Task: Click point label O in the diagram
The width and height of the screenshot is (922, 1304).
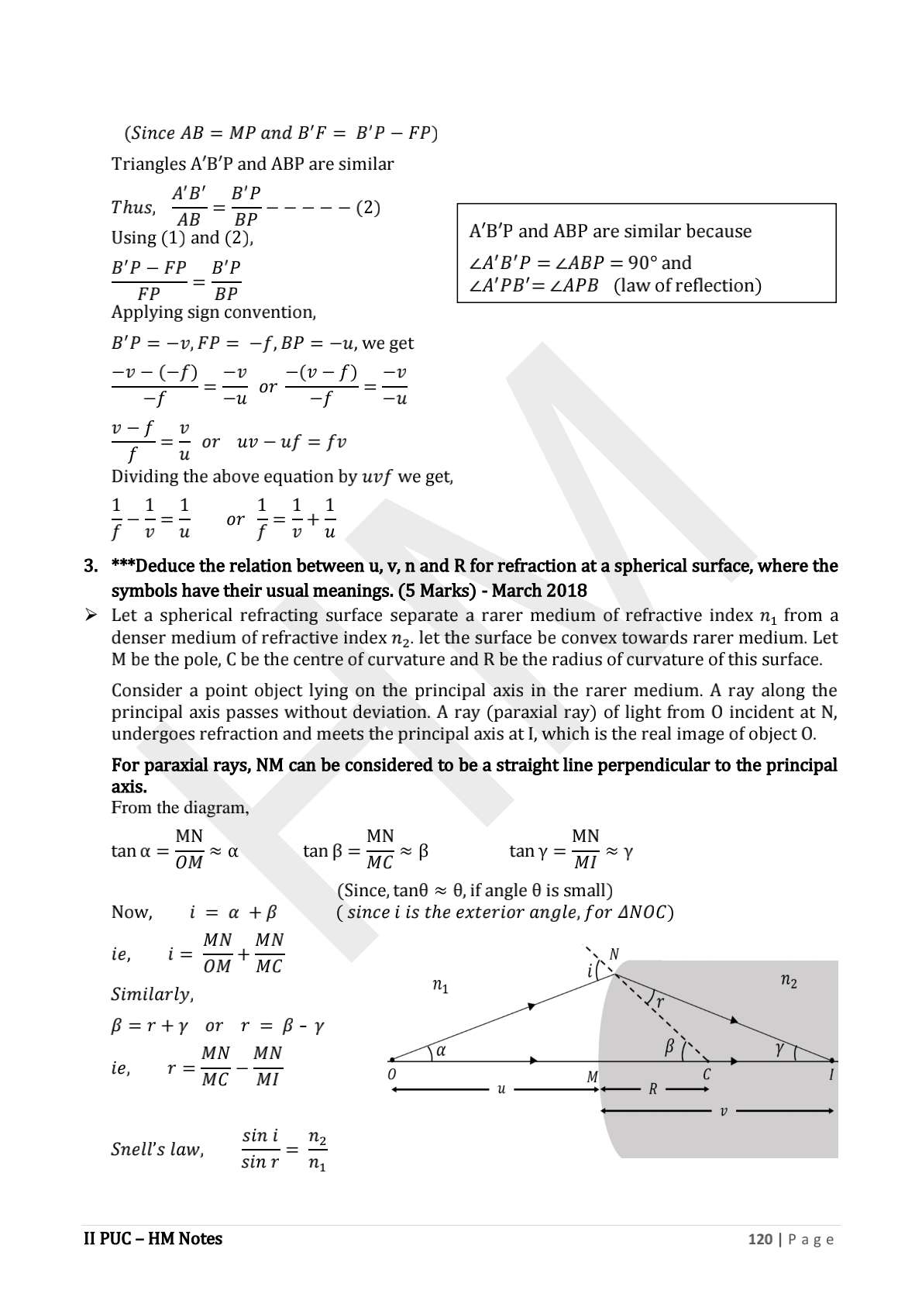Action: (392, 1075)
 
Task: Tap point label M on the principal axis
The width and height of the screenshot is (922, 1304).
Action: (593, 1077)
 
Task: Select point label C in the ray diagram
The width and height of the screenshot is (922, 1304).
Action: (707, 1075)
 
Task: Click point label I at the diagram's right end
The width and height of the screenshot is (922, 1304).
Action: (831, 1075)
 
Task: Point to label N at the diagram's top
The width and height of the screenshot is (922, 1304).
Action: (614, 954)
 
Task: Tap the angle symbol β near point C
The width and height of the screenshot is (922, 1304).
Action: (669, 1047)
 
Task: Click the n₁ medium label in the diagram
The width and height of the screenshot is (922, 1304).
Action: (440, 986)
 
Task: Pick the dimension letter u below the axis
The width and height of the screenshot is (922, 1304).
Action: (501, 1089)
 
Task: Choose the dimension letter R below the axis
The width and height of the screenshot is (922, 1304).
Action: (653, 1089)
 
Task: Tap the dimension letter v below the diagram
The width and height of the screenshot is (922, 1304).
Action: (724, 1111)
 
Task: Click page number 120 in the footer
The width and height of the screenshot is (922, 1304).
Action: (760, 1239)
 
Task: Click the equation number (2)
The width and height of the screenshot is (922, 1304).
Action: (367, 207)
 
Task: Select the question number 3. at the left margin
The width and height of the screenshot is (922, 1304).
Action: (91, 566)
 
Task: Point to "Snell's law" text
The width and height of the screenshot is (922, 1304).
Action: (157, 1149)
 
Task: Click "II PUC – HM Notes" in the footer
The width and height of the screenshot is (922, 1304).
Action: (153, 1239)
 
